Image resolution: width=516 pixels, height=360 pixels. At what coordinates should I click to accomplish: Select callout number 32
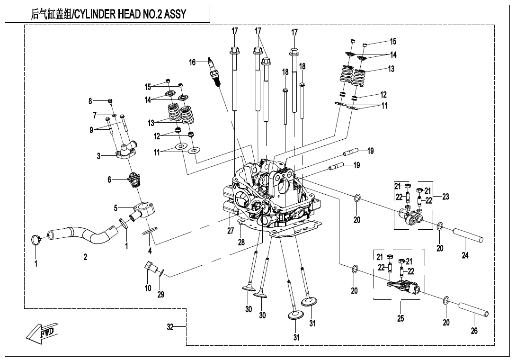[170, 326]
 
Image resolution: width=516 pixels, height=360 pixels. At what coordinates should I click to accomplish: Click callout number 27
[231, 231]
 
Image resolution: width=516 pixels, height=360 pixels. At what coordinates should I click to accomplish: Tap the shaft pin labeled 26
[473, 308]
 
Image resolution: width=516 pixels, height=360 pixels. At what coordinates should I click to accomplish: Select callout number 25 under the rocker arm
[400, 318]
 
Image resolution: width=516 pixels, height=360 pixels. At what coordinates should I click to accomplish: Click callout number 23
[445, 197]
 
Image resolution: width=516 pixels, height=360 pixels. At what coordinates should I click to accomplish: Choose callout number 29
[160, 294]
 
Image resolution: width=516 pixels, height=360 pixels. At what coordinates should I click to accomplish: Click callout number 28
[241, 242]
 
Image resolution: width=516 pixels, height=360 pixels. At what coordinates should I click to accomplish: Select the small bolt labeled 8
[110, 101]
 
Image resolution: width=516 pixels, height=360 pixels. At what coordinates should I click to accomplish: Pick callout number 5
[115, 207]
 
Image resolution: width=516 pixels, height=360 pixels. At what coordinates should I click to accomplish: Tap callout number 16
[192, 62]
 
